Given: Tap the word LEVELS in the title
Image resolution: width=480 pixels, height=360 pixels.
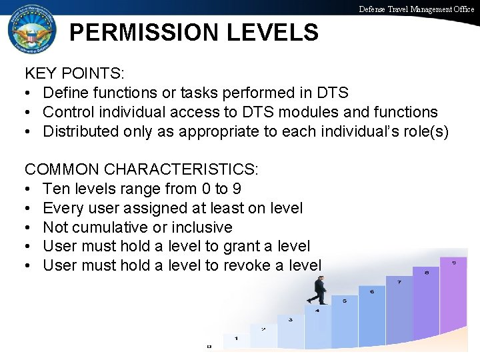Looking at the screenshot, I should tap(275, 32).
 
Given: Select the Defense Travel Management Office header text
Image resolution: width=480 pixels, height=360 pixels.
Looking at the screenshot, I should tap(417, 9).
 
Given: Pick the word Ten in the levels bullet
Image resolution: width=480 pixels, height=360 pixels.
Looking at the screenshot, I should tap(55, 189).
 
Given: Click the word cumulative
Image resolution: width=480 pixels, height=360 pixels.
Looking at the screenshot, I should tap(129, 227).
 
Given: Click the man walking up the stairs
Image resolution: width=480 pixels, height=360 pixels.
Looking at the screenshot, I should tap(319, 291).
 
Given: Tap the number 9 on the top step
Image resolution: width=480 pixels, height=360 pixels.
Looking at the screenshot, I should tap(454, 262).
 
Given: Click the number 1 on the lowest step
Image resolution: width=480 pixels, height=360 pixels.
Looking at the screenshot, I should tap(236, 339).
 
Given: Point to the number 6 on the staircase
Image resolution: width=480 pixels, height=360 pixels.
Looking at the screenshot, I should tap(371, 291).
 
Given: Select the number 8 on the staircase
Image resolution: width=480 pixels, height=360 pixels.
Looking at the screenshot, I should tap(426, 272).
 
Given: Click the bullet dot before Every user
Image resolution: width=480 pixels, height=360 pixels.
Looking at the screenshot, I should tap(29, 209).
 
